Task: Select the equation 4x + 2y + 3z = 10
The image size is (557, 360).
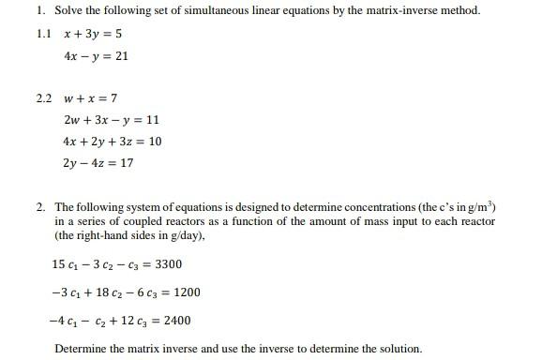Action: [x=112, y=142]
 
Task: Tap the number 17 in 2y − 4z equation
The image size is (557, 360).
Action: [x=127, y=163]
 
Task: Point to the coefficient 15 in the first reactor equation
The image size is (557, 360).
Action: [x=59, y=264]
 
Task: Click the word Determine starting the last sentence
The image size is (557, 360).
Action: [x=78, y=349]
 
